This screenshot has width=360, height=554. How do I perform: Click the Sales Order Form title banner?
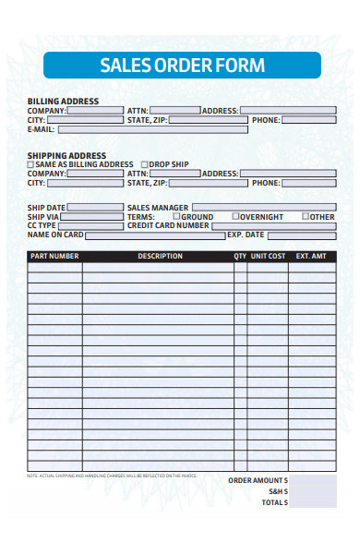pos(182,66)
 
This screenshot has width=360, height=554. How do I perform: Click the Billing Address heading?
pos(63,101)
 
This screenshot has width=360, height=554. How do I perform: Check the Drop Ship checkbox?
pos(143,164)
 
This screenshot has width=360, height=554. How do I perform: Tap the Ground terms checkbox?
pos(175,216)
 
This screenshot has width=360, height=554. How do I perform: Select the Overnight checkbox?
pos(235,216)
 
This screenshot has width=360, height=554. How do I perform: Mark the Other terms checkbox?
pos(305,216)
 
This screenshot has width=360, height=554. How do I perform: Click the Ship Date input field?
pos(95,208)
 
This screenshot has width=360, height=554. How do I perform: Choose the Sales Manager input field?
pos(264,208)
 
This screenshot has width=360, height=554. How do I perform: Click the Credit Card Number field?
pos(274,225)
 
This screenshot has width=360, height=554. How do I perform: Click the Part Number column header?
pos(54,256)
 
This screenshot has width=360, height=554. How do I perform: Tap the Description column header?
pos(160,256)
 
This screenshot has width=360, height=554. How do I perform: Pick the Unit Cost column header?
pos(268,256)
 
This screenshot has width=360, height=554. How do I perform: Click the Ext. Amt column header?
pos(311,256)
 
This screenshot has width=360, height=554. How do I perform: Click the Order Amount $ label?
pos(258,481)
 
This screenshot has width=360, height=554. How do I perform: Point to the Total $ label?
pos(275,502)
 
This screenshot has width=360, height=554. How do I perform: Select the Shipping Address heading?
pos(66,155)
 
